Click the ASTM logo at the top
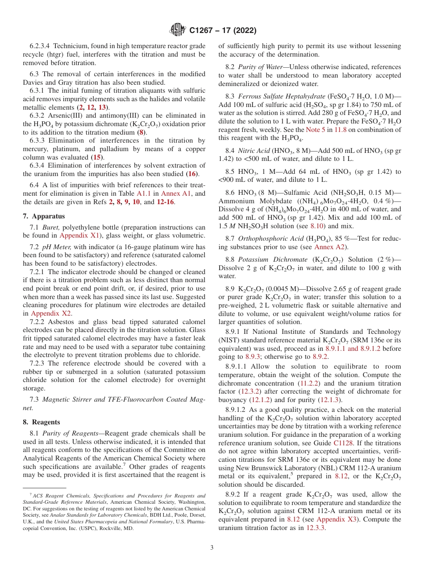[x=178, y=30]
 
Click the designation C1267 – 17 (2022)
[x=223, y=31]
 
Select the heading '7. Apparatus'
[x=44, y=216]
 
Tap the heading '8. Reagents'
[x=42, y=422]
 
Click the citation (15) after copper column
[x=97, y=157]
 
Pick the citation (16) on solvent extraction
[x=192, y=174]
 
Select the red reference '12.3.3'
[x=316, y=528]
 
